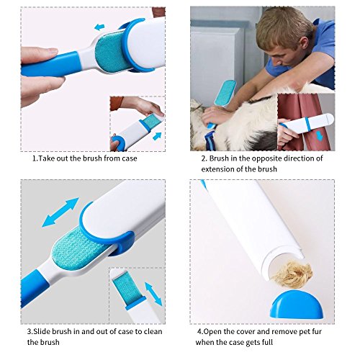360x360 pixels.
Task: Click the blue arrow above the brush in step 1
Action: [x=99, y=27]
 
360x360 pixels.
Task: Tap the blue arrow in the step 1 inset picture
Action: [x=157, y=136]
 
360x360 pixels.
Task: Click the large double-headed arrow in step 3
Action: [x=60, y=212]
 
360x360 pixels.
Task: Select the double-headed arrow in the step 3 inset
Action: [x=153, y=294]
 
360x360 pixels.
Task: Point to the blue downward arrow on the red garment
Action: [x=319, y=135]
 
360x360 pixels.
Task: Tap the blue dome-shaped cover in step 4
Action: [x=294, y=305]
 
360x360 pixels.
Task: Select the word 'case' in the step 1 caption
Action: [x=129, y=158]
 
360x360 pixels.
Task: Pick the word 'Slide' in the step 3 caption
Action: [x=42, y=331]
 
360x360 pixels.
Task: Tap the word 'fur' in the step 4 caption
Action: [x=316, y=332]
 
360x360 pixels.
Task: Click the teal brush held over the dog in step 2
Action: [x=225, y=95]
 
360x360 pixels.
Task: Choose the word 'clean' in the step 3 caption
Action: [x=153, y=331]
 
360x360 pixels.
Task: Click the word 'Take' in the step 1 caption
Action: [x=47, y=158]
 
